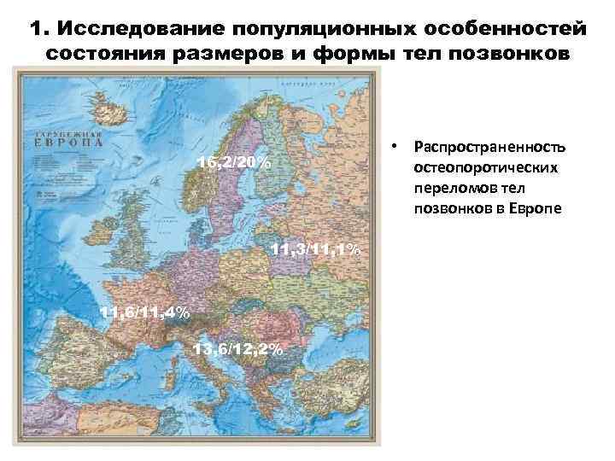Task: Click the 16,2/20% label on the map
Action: [233, 163]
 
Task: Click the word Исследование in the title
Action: [128, 28]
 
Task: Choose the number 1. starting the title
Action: [38, 28]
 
